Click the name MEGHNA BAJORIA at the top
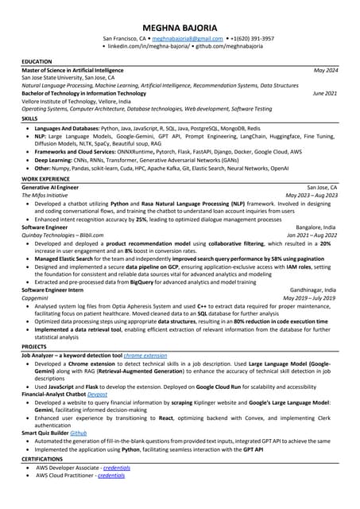[x=180, y=26]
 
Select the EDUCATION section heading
[x=37, y=61]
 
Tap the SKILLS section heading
[x=29, y=118]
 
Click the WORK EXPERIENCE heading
[x=45, y=179]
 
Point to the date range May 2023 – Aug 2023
[x=312, y=196]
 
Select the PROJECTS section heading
[x=34, y=347]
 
